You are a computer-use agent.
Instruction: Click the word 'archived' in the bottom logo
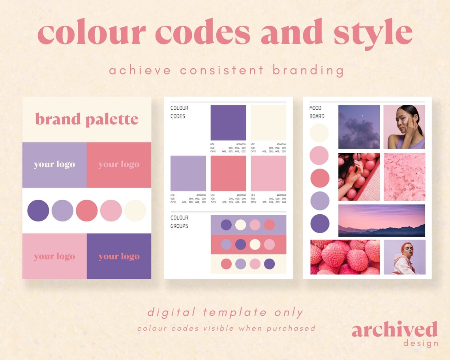[x=394, y=330]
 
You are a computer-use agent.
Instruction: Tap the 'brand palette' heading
[x=87, y=119]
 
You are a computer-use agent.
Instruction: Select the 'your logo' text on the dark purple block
[x=119, y=257]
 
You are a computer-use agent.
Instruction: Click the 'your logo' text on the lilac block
[x=54, y=165]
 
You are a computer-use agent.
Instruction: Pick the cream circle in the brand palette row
[x=135, y=210]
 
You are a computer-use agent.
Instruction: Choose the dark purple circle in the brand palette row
[x=38, y=210]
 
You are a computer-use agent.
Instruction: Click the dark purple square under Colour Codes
[x=228, y=123]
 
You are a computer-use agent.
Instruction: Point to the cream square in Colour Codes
[x=268, y=123]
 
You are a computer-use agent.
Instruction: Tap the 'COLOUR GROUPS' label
[x=180, y=222]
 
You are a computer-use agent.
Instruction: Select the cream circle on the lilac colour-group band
[x=240, y=225]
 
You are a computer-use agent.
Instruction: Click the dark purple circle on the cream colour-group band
[x=269, y=264]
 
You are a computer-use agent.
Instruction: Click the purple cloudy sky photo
[x=359, y=127]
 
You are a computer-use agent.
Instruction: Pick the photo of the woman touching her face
[x=404, y=127]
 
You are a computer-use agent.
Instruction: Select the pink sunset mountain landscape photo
[x=381, y=220]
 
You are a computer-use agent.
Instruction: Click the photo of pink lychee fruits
[x=345, y=257]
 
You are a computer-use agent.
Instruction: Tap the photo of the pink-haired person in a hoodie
[x=405, y=257]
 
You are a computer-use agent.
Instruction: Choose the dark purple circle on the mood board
[x=320, y=223]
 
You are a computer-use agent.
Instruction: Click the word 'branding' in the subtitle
[x=308, y=70]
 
